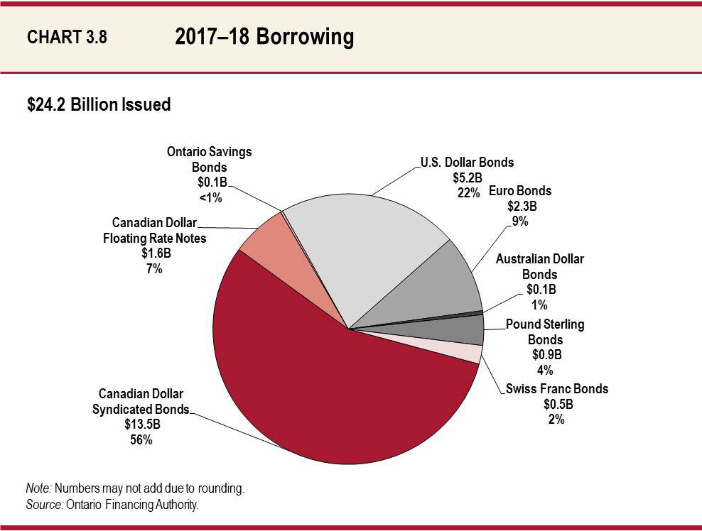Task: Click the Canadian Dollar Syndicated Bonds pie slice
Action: click(x=320, y=383)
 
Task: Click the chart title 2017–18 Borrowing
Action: click(x=264, y=37)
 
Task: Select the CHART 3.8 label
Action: click(x=67, y=38)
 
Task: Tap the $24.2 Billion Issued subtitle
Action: click(x=98, y=105)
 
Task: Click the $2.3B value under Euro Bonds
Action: click(x=519, y=206)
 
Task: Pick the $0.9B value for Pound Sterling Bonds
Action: click(x=545, y=355)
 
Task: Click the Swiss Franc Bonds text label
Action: click(x=556, y=389)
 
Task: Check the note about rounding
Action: click(x=135, y=489)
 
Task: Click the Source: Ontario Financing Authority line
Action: click(x=112, y=505)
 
